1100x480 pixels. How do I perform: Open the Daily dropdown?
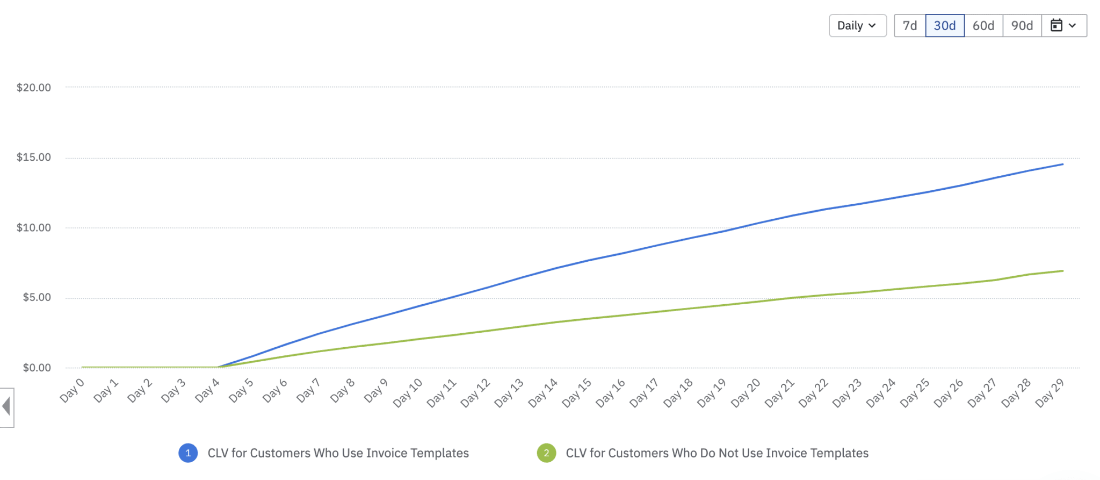click(x=857, y=26)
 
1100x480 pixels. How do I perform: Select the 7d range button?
click(x=909, y=26)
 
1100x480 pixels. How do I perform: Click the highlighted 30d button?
click(x=944, y=26)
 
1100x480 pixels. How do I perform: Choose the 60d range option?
click(x=983, y=26)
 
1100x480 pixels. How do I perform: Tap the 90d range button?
click(x=1022, y=26)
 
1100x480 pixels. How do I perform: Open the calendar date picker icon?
click(x=1063, y=26)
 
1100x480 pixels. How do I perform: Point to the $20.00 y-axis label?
click(x=34, y=88)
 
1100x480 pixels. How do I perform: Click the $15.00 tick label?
click(x=34, y=157)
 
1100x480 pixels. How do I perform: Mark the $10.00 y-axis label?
click(x=34, y=228)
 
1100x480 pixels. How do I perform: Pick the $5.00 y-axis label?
click(x=37, y=298)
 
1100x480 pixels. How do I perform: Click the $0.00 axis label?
click(x=37, y=368)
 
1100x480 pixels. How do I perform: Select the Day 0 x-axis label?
click(x=73, y=391)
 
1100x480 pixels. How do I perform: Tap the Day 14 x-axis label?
click(x=543, y=393)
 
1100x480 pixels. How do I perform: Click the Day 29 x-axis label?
click(x=1050, y=393)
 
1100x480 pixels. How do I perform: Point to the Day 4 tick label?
click(x=207, y=391)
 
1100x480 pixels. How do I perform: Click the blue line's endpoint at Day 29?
click(x=1062, y=164)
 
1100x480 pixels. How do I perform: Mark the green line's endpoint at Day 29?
click(x=1062, y=271)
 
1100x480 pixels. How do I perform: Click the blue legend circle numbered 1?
click(x=188, y=453)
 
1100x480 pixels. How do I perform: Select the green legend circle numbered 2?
click(x=546, y=453)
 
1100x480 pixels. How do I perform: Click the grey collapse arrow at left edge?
click(x=6, y=407)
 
